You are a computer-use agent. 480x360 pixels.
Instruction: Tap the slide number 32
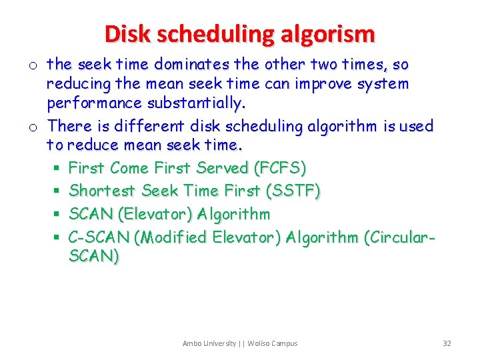point(447,343)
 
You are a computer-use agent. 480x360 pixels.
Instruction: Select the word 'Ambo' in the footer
point(192,343)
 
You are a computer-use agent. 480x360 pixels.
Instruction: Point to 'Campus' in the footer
point(284,343)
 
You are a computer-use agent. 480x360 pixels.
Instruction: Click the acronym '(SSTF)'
point(293,191)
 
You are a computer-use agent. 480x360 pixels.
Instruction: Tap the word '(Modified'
point(176,237)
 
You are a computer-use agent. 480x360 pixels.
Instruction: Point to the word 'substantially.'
point(196,103)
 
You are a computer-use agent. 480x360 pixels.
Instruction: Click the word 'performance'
point(94,103)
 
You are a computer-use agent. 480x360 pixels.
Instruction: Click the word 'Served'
point(223,168)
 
